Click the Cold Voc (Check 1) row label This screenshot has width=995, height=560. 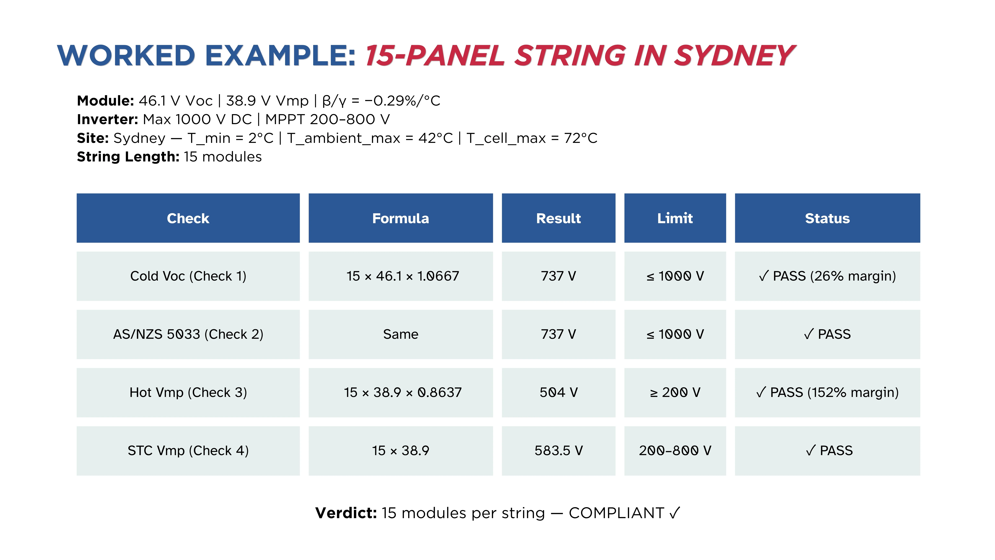pyautogui.click(x=188, y=276)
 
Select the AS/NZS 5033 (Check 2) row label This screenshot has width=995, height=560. pyautogui.click(x=188, y=334)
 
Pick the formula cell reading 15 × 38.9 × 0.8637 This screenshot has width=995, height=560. pyautogui.click(x=401, y=392)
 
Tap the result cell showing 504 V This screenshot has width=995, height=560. pyautogui.click(x=559, y=392)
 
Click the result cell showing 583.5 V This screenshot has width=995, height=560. pyautogui.click(x=559, y=451)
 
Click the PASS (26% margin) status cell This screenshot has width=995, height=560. pyautogui.click(x=827, y=276)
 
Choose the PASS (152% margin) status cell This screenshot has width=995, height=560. pyautogui.click(x=827, y=392)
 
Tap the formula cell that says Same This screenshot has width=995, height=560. pyautogui.click(x=401, y=334)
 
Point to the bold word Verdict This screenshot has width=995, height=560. pyautogui.click(x=346, y=513)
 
